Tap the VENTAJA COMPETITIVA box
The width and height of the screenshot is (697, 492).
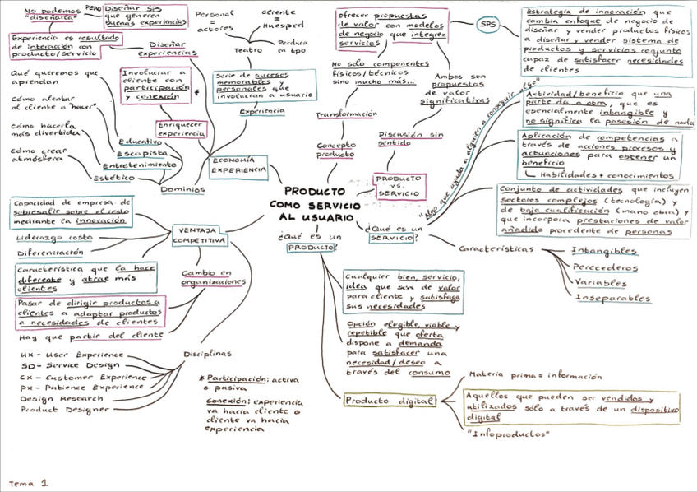click(200, 235)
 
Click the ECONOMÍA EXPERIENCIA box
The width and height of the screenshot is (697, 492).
click(239, 165)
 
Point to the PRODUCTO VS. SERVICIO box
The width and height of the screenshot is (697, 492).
click(399, 185)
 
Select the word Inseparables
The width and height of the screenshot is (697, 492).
click(612, 298)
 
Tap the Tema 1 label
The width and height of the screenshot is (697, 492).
click(29, 483)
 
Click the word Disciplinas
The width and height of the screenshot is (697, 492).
click(206, 354)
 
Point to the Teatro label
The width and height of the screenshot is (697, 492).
click(249, 50)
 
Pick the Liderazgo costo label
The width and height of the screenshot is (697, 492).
click(54, 238)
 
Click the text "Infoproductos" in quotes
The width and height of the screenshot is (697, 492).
click(507, 433)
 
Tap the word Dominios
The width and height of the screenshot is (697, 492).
click(182, 189)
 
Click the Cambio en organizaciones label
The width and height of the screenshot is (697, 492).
click(214, 277)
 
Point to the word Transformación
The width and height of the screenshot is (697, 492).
click(346, 114)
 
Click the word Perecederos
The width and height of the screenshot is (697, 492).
click(606, 267)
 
